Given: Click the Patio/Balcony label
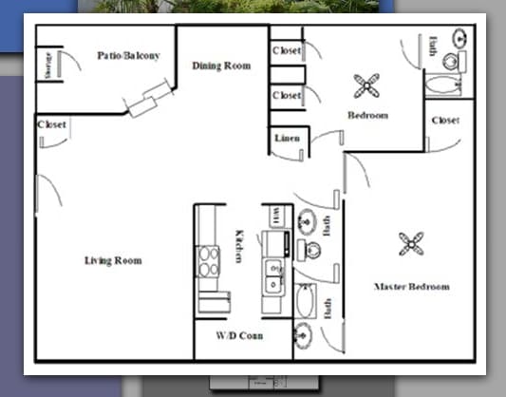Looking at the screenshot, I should pyautogui.click(x=128, y=56).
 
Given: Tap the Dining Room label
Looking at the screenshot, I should pyautogui.click(x=221, y=66).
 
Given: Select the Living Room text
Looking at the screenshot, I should pyautogui.click(x=113, y=260).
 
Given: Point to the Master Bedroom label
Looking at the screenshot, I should pyautogui.click(x=411, y=286).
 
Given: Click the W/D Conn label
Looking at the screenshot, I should pyautogui.click(x=239, y=336).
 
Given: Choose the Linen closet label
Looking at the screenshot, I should pyautogui.click(x=287, y=139).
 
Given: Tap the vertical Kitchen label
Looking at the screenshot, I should pyautogui.click(x=239, y=247).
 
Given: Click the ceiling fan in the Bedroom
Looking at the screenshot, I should pyautogui.click(x=366, y=87).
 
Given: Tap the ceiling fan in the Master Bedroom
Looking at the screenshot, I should pyautogui.click(x=411, y=243).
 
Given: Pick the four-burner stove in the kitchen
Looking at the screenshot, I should pyautogui.click(x=208, y=261).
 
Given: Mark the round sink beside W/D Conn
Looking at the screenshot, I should pyautogui.click(x=303, y=334).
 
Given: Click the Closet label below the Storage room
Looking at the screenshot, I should pyautogui.click(x=51, y=125).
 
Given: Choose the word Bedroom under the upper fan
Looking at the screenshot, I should pyautogui.click(x=367, y=116).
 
